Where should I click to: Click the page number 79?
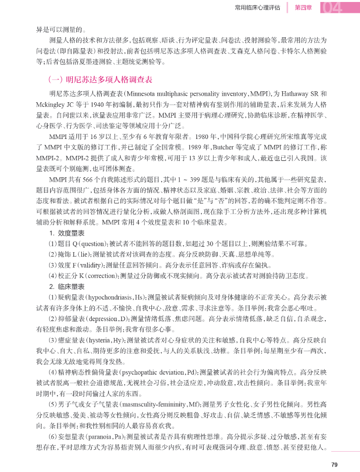[334, 464]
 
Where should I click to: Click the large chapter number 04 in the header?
[338, 8]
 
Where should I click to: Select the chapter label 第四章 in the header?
[303, 7]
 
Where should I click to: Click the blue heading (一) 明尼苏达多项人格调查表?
[100, 79]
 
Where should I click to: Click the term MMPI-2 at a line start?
[48, 158]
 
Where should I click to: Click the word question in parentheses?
[90, 244]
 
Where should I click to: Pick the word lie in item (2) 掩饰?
[83, 254]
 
